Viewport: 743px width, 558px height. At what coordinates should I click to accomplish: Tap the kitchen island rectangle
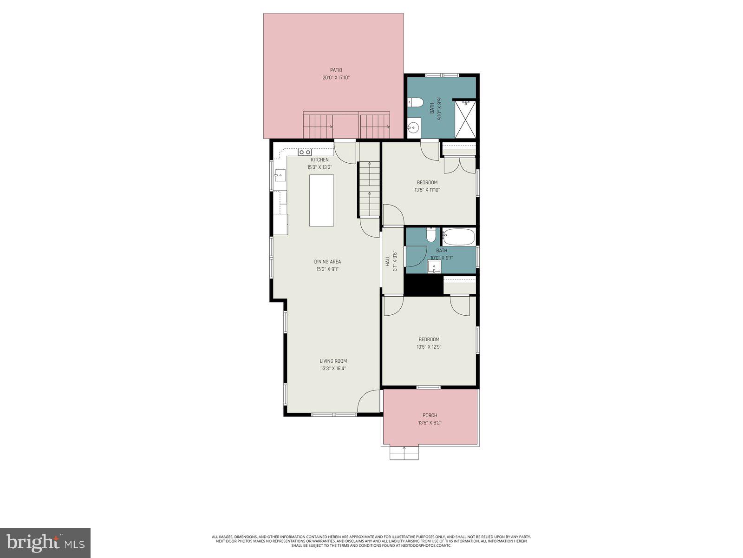click(x=322, y=200)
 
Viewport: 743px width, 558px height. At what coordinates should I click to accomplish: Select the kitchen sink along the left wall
click(x=280, y=175)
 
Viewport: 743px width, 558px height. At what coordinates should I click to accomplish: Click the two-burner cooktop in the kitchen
click(x=305, y=152)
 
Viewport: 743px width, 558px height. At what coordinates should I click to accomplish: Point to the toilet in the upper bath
click(x=415, y=102)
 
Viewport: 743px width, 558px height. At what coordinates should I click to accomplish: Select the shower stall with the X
click(x=465, y=119)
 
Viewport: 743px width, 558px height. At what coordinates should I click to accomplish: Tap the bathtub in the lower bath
click(x=458, y=237)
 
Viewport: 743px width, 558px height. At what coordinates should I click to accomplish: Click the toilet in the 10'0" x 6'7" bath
click(x=431, y=235)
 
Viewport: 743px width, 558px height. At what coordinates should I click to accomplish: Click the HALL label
click(x=387, y=261)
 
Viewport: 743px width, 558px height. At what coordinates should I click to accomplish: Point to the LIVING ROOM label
click(x=333, y=361)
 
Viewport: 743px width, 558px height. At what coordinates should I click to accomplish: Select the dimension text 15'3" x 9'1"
click(x=327, y=269)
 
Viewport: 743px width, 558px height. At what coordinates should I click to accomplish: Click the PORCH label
click(x=430, y=415)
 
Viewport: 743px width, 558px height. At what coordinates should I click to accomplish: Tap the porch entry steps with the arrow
click(x=404, y=453)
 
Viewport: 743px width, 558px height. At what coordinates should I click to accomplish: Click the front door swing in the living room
click(x=369, y=401)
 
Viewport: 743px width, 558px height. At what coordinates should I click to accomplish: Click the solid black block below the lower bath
click(x=423, y=285)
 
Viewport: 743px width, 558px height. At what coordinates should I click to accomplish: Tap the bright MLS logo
click(x=46, y=543)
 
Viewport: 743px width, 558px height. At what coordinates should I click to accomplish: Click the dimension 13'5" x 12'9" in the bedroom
click(x=428, y=347)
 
